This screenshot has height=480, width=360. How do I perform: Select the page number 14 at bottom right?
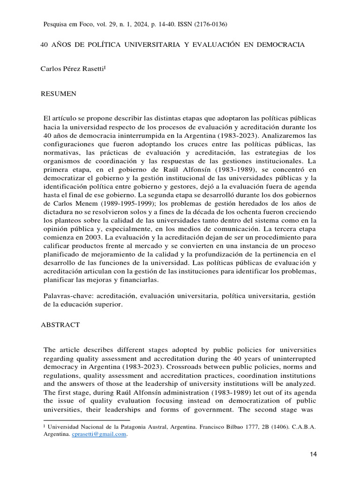314,455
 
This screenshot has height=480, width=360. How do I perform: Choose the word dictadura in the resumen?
60,212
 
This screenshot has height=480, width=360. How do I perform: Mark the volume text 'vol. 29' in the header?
103,24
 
